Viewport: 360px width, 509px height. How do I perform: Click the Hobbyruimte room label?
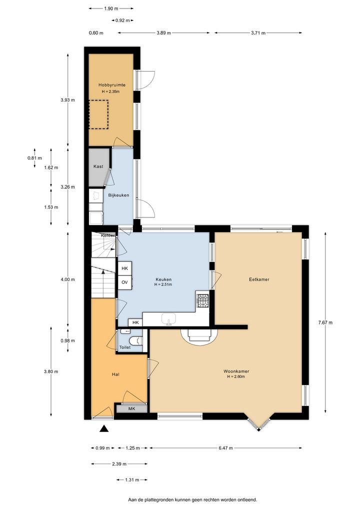pos(112,85)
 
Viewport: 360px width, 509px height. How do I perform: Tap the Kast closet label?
pos(98,166)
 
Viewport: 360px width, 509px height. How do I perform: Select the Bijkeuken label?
pos(118,195)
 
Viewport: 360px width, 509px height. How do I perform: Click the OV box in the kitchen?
pos(124,282)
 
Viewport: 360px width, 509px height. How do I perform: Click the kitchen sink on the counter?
pos(169,319)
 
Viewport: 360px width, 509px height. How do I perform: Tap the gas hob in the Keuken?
pos(203,300)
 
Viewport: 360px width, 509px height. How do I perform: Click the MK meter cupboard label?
pos(132,408)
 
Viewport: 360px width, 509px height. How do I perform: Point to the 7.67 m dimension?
pos(325,322)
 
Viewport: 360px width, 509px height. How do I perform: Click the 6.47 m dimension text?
pos(225,448)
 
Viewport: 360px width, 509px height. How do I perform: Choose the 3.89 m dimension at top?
pos(163,33)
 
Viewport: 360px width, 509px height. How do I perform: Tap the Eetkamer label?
pos(259,279)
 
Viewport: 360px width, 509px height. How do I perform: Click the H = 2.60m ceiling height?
pos(236,376)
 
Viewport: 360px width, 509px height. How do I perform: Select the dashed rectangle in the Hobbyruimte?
pos(98,114)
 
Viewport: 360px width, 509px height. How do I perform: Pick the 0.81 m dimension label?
pos(34,158)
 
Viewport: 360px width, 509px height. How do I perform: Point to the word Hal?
pos(115,374)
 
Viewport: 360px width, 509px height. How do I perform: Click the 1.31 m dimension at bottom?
pos(132,480)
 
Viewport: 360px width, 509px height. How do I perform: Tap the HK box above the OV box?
pos(124,268)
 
